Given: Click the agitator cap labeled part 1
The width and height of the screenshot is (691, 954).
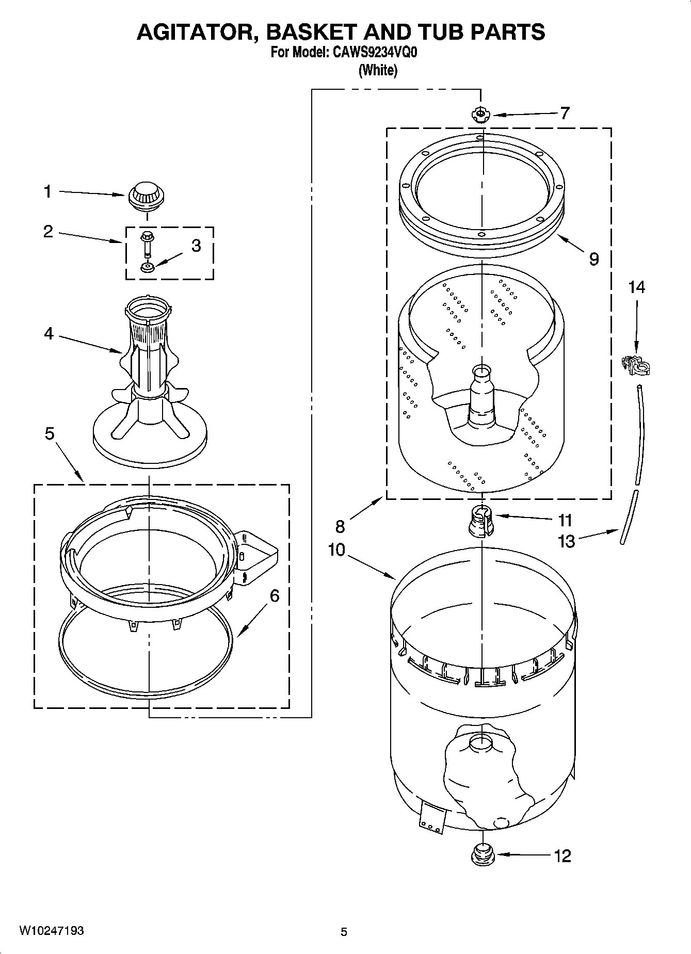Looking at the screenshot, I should tap(147, 197).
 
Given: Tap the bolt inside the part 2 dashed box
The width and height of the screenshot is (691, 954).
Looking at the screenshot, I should tap(147, 244).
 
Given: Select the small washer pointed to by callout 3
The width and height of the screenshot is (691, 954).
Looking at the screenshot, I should tap(147, 267).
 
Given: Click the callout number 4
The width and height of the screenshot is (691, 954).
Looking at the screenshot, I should tap(49, 334).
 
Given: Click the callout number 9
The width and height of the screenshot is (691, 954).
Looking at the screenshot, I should tap(594, 258).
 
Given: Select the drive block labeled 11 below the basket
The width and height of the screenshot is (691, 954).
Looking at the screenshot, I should tap(480, 521).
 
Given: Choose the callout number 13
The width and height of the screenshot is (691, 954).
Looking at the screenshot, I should tap(566, 541).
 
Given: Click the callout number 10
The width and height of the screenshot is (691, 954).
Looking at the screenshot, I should tap(336, 550).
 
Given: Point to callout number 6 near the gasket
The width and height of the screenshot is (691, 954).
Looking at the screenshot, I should tap(275, 596).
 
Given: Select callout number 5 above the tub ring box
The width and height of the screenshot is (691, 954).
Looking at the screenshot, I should tap(49, 433).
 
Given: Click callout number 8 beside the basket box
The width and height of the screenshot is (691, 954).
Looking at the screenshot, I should tap(340, 526).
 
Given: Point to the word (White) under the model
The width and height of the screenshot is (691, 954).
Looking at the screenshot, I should tap(378, 70).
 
